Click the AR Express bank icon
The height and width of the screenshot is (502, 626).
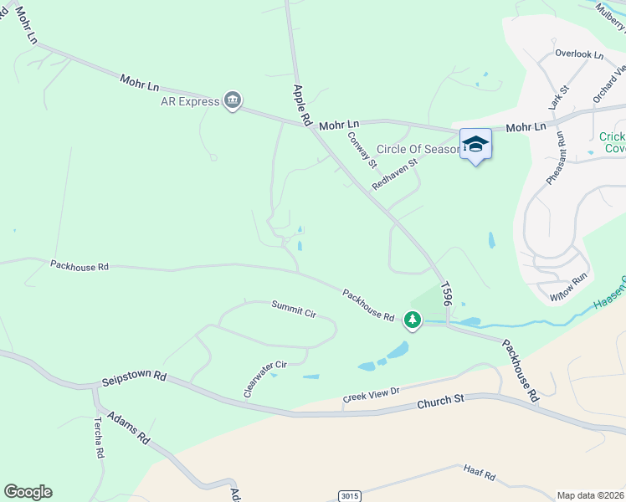point(233,102)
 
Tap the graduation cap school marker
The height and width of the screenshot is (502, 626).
point(475,144)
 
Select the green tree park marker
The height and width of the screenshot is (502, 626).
point(412,319)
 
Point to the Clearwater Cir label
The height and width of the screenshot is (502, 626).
point(264,379)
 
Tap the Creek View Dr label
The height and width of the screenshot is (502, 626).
point(372,396)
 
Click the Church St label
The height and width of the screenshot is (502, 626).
point(440,401)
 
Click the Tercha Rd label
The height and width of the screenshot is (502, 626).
point(99,437)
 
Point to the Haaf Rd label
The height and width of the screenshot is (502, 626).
point(480,474)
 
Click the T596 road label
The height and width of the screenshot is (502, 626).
point(447,292)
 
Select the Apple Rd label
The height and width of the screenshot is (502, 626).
point(301,105)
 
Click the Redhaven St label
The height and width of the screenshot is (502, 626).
point(394,171)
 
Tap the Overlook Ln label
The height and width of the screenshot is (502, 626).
point(578,54)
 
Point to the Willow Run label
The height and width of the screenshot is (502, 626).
point(569,286)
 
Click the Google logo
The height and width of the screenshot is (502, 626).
point(28,492)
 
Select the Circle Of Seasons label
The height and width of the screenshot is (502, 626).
point(418,149)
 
